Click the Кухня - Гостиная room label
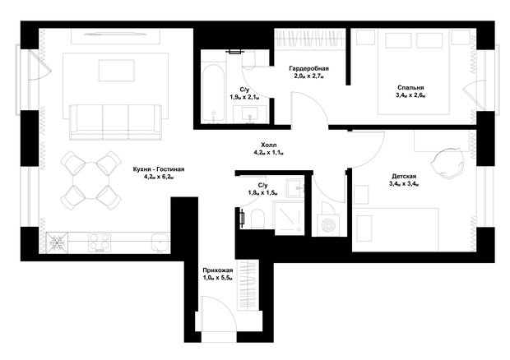point(159,169)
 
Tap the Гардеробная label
point(308,68)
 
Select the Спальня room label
point(410,88)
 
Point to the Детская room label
point(404,177)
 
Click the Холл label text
point(269,145)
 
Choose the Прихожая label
point(218,270)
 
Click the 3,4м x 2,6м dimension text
point(410,95)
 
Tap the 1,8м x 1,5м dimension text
point(262,193)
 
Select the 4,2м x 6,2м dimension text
point(159,177)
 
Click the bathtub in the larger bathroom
point(213,94)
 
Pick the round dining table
point(91,181)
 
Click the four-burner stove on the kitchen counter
point(100,242)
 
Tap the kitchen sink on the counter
point(160,242)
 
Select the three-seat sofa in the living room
point(115,122)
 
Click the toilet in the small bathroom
point(257,219)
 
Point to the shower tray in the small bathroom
point(290,218)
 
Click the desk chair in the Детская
point(447,162)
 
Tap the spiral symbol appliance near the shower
point(328,225)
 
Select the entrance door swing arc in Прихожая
point(221,304)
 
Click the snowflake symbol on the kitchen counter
point(57,242)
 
